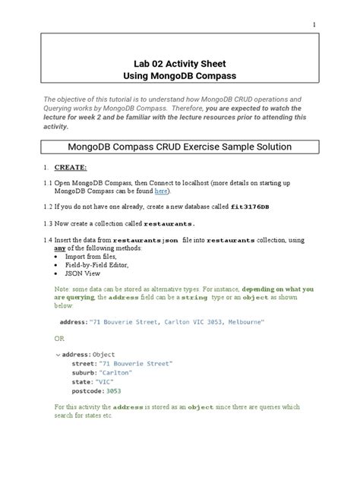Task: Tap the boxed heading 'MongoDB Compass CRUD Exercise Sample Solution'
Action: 180,146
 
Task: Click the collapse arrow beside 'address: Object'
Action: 58,355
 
